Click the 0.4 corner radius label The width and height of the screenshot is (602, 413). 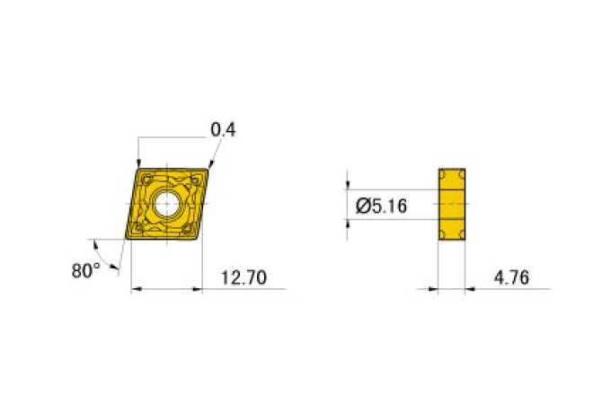(223, 129)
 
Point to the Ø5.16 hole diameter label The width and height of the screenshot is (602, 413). (382, 206)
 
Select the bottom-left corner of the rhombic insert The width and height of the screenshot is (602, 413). (125, 239)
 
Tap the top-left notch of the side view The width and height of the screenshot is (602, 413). (441, 172)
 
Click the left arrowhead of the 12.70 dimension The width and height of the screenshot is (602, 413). (137, 289)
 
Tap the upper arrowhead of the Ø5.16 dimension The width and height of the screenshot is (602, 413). (350, 186)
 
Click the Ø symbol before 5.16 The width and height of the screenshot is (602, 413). (362, 206)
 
